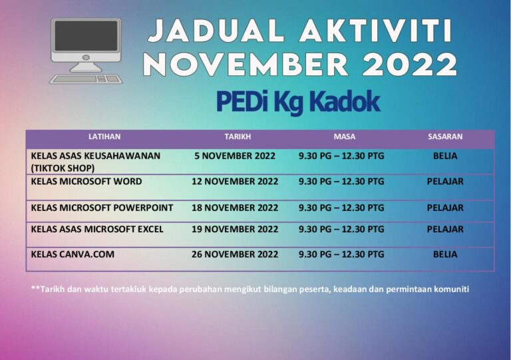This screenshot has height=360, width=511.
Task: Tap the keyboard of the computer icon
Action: [x=86, y=78]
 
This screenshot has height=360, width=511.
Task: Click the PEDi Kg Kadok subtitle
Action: [x=297, y=102]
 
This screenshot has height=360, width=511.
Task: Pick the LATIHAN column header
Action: [x=104, y=136]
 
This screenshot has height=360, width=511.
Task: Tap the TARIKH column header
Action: [x=238, y=136]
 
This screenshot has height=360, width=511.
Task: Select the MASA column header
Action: [x=344, y=136]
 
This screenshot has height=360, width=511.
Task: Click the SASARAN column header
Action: [x=445, y=136]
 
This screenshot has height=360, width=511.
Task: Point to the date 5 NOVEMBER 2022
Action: [x=235, y=156]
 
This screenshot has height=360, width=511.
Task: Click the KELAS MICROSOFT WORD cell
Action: [x=86, y=181]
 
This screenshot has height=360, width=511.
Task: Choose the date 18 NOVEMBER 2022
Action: [x=235, y=208]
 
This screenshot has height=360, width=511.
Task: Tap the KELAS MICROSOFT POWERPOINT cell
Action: [x=102, y=208]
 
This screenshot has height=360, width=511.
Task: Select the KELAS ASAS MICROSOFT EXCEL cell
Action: [x=97, y=229]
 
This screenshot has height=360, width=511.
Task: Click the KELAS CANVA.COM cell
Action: [x=73, y=254]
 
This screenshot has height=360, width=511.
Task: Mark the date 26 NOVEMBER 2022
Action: [x=235, y=254]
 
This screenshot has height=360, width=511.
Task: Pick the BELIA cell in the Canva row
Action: [x=445, y=254]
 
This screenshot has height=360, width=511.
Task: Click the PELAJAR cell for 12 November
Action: [x=445, y=181]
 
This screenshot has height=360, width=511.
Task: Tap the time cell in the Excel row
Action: [x=341, y=229]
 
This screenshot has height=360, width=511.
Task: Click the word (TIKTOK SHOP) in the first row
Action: [x=63, y=168]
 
